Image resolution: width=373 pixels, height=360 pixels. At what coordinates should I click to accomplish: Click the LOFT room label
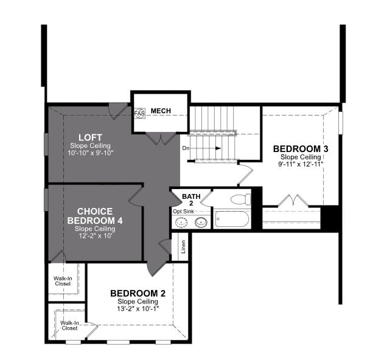[x=90, y=137]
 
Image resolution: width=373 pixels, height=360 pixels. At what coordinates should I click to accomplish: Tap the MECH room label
[x=161, y=111]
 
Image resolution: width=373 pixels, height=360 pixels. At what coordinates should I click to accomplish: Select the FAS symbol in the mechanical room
[x=139, y=114]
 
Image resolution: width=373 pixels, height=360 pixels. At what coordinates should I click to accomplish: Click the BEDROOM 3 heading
[x=301, y=149]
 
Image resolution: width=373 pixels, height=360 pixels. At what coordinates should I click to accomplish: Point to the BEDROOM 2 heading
[x=138, y=294]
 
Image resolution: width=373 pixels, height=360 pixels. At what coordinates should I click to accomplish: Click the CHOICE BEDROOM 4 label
[x=95, y=216]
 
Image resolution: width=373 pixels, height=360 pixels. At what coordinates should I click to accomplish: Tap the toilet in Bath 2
[x=241, y=199]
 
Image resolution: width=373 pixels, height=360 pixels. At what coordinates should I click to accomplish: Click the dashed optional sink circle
[x=181, y=223]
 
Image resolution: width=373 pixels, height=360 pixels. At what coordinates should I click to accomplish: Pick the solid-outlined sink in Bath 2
[x=201, y=223]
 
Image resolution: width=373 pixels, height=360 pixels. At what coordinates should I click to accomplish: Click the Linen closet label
[x=183, y=246]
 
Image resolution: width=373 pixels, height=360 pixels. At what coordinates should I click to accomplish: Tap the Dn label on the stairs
[x=186, y=148]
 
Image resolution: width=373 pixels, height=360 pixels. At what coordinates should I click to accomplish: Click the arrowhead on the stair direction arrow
[x=218, y=148]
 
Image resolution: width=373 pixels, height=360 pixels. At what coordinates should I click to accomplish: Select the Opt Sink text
[x=183, y=212]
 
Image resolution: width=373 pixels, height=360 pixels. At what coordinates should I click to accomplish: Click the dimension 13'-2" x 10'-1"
[x=138, y=309]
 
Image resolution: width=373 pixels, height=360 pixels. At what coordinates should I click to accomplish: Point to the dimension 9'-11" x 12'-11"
[x=301, y=164]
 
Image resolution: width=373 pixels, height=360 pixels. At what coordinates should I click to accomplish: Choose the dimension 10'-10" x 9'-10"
[x=90, y=153]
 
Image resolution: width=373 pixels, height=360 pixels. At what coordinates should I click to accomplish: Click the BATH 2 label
[x=191, y=199]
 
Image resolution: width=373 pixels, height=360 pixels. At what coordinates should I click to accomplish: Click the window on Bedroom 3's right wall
[x=341, y=123]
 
